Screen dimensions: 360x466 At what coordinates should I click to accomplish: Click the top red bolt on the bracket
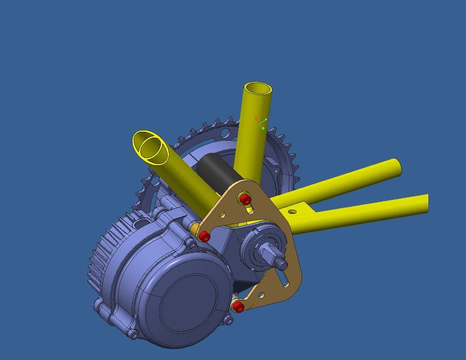click(x=245, y=199)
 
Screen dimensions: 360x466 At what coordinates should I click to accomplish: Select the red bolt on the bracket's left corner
click(x=205, y=237)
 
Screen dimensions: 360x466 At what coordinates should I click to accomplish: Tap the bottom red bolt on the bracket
click(x=239, y=307)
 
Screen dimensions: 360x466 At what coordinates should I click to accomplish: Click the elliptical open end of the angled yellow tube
click(x=150, y=147)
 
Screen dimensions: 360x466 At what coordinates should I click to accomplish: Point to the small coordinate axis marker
click(x=261, y=123)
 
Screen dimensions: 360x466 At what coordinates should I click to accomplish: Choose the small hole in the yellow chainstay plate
click(x=292, y=211)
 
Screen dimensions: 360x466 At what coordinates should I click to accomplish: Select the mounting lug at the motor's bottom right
click(x=228, y=320)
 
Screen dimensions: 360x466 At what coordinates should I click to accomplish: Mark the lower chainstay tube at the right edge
click(x=419, y=204)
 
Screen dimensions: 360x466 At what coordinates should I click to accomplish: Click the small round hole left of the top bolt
click(x=223, y=214)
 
